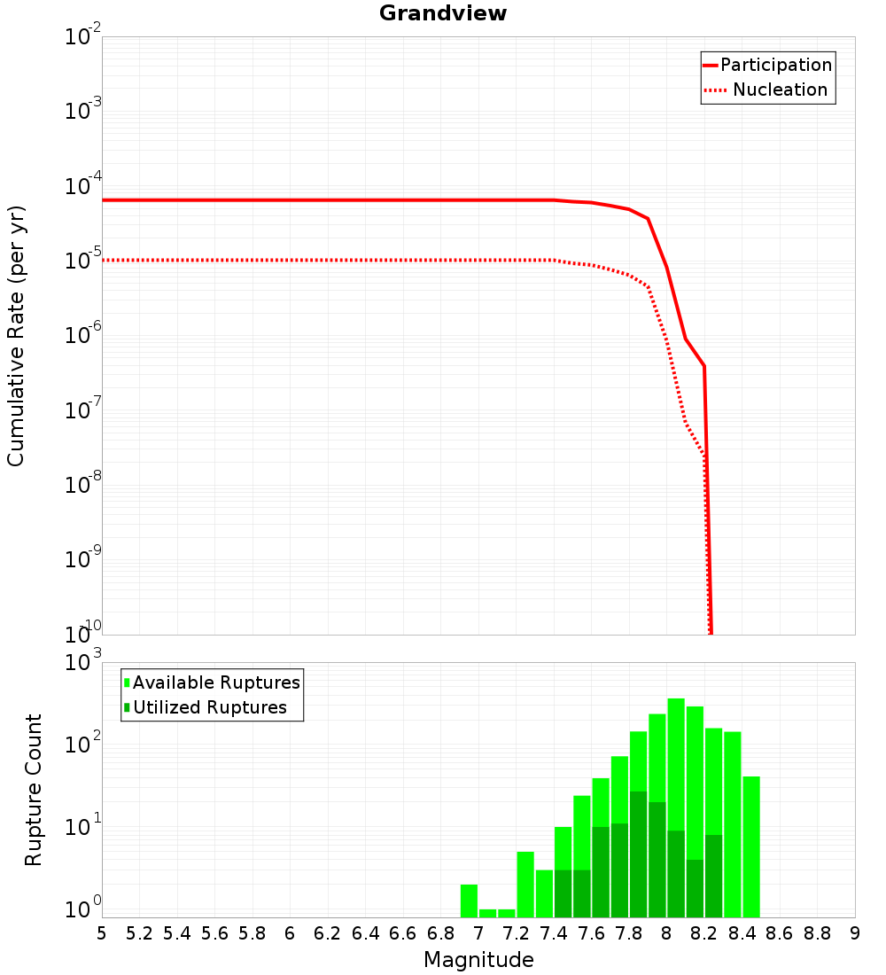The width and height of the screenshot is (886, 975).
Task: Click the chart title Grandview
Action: (443, 13)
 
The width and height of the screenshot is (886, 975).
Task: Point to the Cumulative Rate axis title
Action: (16, 336)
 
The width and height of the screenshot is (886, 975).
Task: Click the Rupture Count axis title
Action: (34, 790)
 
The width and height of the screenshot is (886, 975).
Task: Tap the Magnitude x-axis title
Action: (478, 960)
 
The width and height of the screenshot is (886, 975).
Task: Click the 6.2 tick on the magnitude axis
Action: (328, 933)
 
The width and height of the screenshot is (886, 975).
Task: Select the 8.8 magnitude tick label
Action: (817, 933)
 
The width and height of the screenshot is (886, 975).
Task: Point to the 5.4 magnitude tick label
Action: (177, 933)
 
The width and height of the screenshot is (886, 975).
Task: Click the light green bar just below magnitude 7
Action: (469, 901)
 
